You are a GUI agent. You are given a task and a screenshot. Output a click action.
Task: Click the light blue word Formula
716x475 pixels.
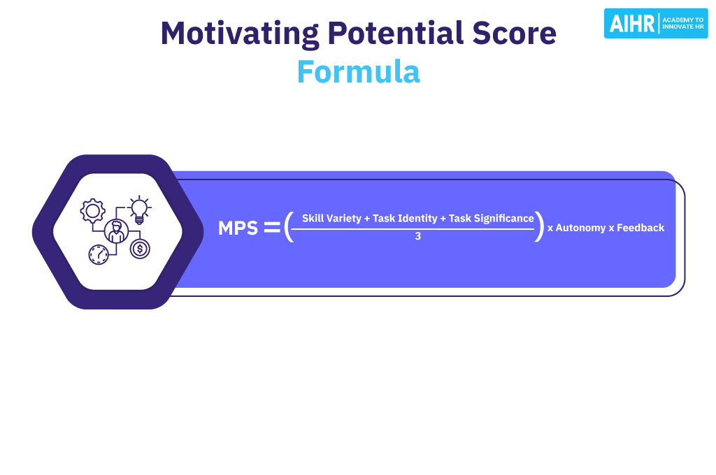point(358,72)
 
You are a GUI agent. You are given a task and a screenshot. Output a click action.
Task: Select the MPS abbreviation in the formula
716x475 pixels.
point(238,228)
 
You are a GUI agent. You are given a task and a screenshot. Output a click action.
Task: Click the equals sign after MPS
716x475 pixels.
point(271,228)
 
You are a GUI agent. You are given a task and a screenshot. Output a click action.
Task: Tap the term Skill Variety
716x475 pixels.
point(331,219)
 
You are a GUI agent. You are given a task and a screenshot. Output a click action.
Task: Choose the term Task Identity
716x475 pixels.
point(406,219)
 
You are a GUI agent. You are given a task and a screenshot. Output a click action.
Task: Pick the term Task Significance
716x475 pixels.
point(491,219)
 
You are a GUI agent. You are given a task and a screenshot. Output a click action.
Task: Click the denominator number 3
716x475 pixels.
point(417,237)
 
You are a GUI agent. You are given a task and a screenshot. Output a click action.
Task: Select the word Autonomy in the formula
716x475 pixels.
point(580,228)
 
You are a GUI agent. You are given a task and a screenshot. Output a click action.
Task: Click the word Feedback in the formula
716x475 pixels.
point(641,228)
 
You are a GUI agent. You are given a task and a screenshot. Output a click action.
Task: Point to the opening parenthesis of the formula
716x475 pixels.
point(288,227)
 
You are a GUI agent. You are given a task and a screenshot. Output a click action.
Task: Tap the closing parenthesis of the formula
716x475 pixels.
point(539,227)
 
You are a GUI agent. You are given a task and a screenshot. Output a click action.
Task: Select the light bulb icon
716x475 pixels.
point(140,210)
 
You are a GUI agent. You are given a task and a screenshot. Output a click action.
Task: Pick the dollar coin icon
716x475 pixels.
point(140,248)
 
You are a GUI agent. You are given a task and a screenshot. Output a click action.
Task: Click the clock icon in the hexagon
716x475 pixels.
point(99,254)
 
